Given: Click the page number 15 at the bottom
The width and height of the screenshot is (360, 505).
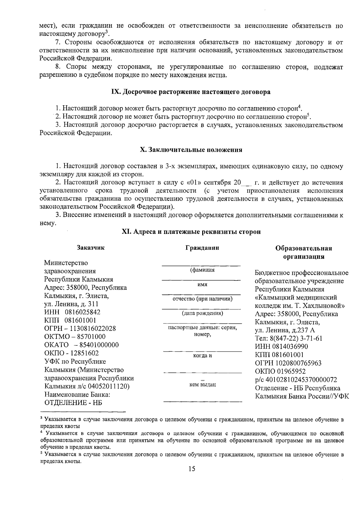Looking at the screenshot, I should coord(192,477).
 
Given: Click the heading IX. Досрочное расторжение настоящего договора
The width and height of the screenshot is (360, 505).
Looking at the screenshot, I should coord(191,92).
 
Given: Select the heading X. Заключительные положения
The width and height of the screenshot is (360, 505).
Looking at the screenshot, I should coord(191,150).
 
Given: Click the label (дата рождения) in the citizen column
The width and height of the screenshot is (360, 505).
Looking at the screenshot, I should coord(202,313).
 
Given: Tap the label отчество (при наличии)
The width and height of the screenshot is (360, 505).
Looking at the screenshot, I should coord(202,299).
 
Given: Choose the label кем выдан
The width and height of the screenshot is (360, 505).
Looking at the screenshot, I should coord(202,384).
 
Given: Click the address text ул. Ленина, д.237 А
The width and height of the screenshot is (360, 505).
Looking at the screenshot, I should coord(285,330).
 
